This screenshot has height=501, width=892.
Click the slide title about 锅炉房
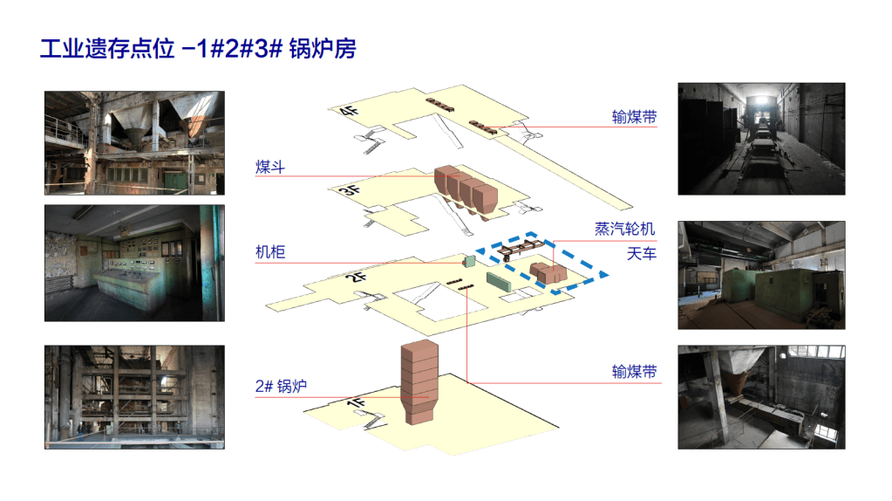[x=198, y=48]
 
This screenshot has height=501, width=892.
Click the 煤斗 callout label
[x=270, y=168]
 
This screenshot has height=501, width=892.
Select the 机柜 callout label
[x=270, y=252]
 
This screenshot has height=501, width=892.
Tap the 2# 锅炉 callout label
[x=281, y=386]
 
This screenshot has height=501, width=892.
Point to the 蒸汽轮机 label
[x=624, y=229]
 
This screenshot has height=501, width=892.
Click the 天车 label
[x=641, y=253]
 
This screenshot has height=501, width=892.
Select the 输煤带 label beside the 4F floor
[x=634, y=117]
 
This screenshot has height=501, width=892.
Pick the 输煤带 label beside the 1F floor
[x=634, y=372]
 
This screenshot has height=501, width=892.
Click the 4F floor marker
[x=350, y=110]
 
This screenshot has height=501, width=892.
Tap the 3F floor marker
[x=351, y=189]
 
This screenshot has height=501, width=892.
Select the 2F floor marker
[x=356, y=278]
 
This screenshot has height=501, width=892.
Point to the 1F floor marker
[x=356, y=403]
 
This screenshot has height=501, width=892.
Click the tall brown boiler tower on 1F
[x=419, y=382]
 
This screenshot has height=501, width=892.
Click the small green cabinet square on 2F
[x=469, y=261]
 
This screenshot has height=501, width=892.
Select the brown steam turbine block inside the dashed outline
[x=548, y=272]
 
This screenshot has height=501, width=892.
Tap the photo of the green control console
[x=135, y=263]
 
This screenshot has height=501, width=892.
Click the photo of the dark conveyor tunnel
[x=761, y=139]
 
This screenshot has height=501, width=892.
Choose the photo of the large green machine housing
[x=761, y=275]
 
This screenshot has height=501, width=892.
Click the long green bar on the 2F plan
[x=500, y=282]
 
